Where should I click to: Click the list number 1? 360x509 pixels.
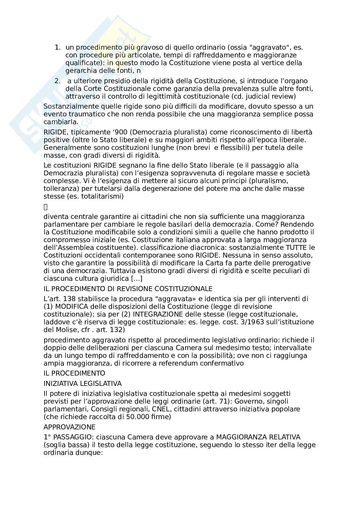click(x=57, y=47)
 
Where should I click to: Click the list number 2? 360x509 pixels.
click(x=57, y=81)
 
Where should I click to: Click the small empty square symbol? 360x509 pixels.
click(x=45, y=207)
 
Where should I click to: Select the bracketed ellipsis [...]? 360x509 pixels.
click(x=136, y=279)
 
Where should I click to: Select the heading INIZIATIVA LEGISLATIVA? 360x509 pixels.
click(x=83, y=384)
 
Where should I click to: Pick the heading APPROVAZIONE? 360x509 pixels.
click(x=69, y=427)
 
